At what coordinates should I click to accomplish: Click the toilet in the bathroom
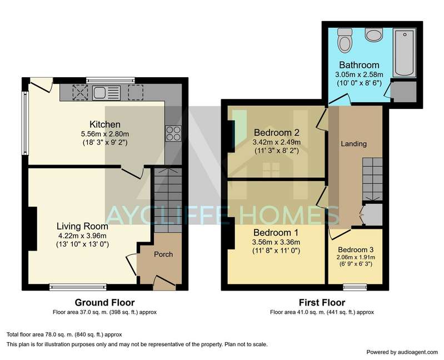[x=345, y=39]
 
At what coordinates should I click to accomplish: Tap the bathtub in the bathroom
[x=405, y=52]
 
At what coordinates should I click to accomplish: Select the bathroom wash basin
[x=374, y=34]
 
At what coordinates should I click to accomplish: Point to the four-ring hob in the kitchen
[x=173, y=133]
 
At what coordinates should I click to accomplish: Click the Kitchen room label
[x=105, y=124]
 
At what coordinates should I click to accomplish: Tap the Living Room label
[x=82, y=226]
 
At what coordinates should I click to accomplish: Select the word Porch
[x=163, y=254]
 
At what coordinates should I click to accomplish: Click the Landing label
[x=353, y=144]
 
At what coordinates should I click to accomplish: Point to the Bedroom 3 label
[x=356, y=249]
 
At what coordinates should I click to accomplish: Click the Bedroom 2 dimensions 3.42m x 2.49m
[x=276, y=142]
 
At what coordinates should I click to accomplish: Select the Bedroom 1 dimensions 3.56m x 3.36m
[x=276, y=242]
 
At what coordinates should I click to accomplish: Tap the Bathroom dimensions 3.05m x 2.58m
[x=359, y=74]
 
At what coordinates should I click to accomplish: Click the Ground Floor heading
[x=104, y=303]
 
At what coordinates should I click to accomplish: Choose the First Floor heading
[x=322, y=303]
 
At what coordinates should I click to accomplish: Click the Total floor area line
[x=64, y=334]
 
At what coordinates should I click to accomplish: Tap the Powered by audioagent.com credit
[x=402, y=352]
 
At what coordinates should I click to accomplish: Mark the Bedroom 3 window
[x=355, y=287]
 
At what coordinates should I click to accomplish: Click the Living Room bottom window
[x=78, y=287]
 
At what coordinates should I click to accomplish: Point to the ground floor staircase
[x=168, y=200]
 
